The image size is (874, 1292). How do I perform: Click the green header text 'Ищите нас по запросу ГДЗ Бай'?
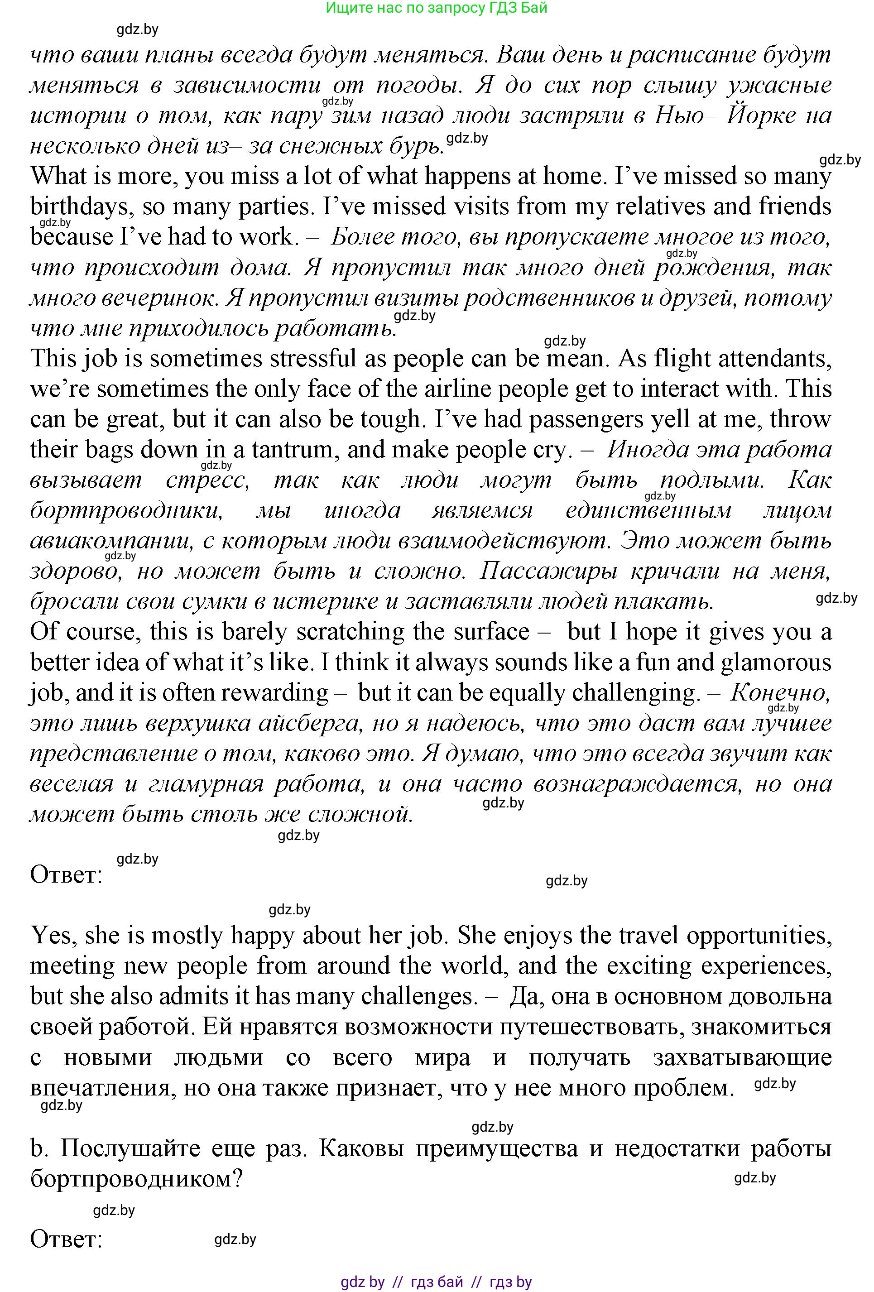[437, 8]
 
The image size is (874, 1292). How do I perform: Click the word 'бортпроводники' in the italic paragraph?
[127, 510]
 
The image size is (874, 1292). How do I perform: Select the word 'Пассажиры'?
[548, 571]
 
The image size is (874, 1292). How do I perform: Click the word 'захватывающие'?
[742, 1057]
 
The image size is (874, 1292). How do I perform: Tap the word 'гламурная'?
[206, 784]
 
